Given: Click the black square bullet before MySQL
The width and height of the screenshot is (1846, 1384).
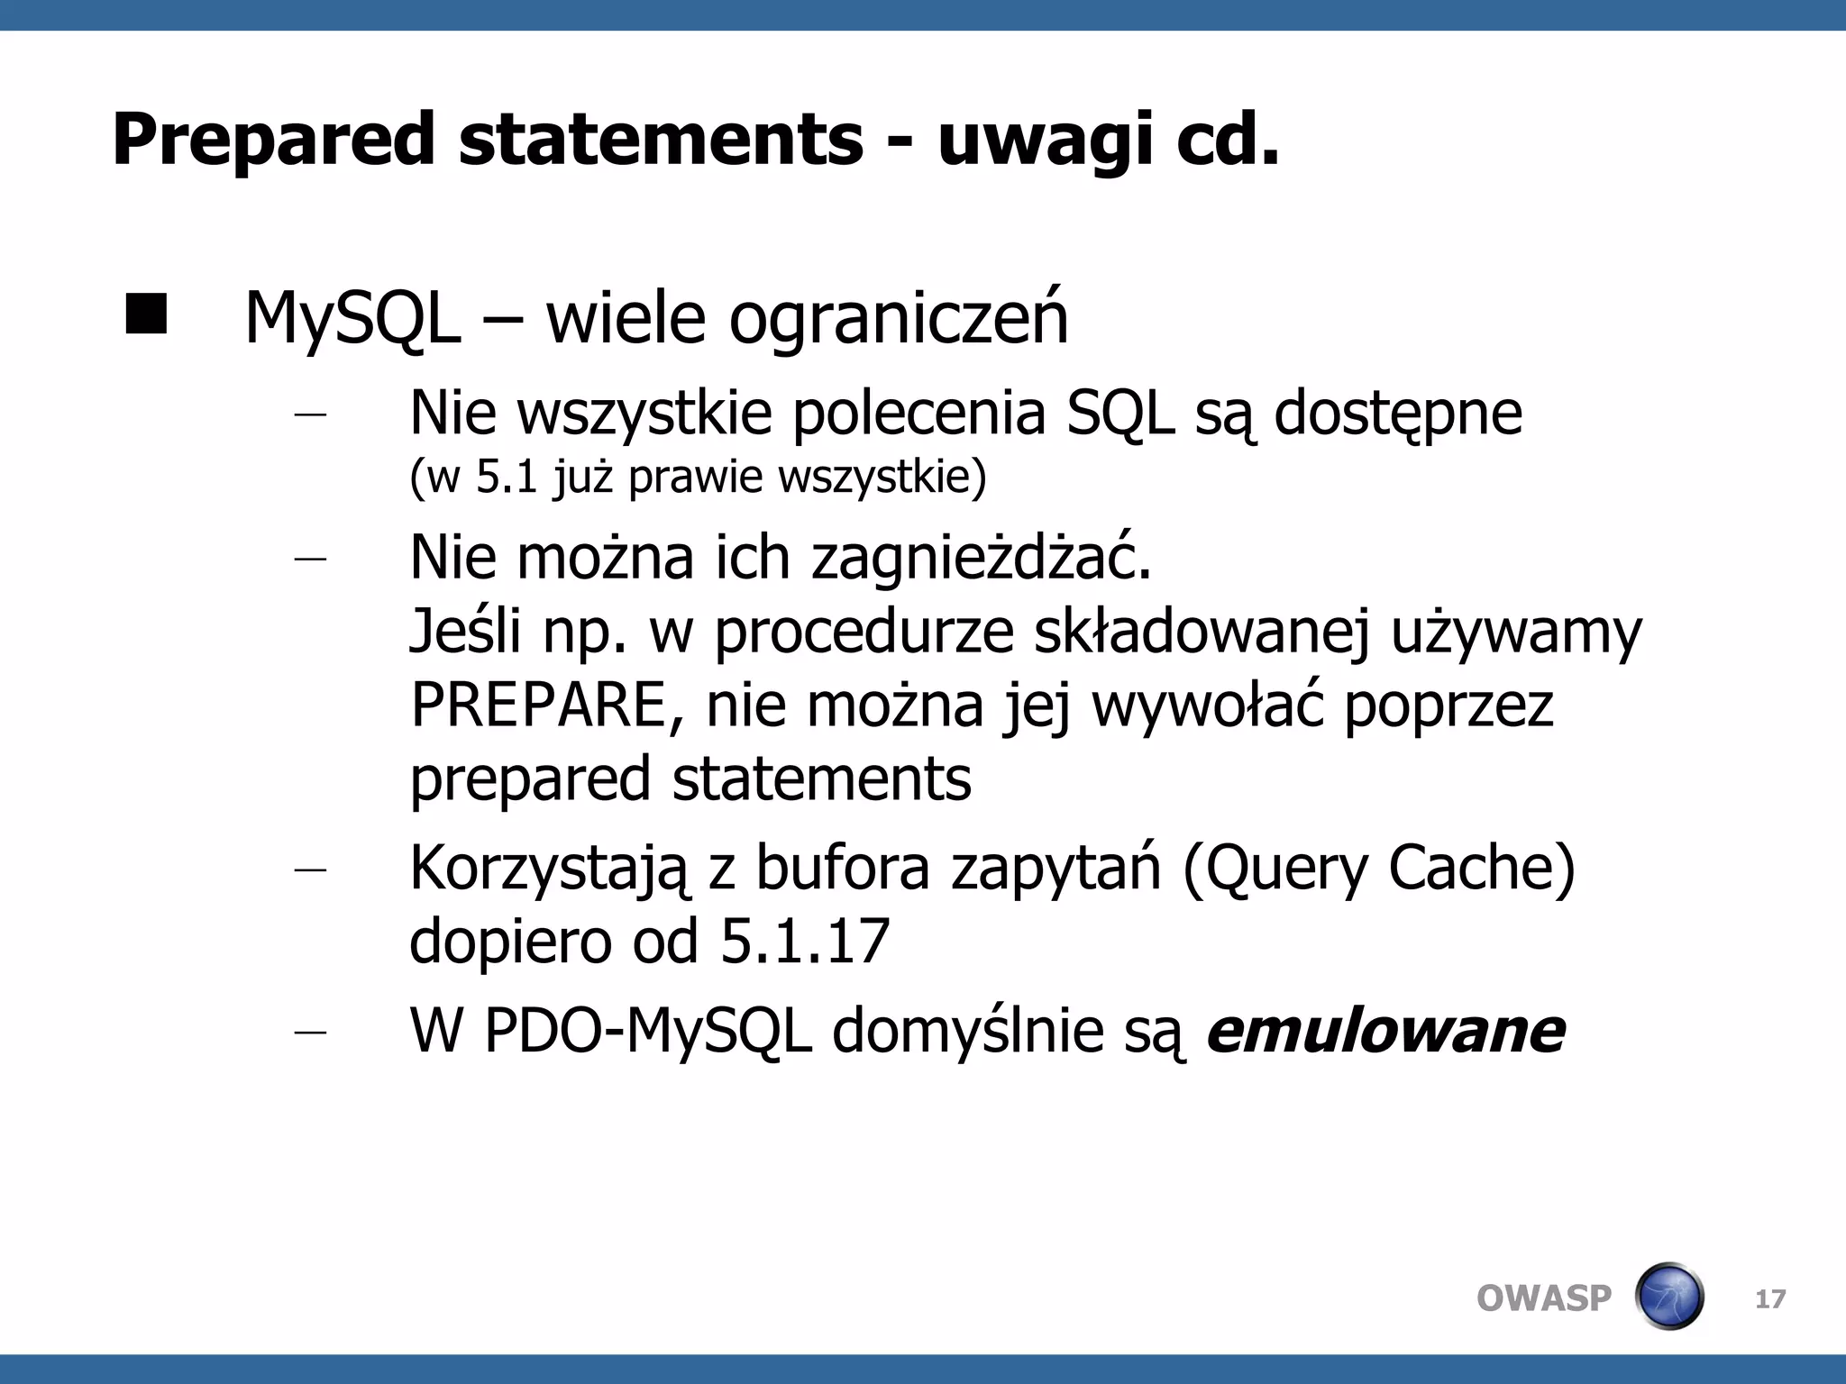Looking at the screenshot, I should pyautogui.click(x=146, y=314).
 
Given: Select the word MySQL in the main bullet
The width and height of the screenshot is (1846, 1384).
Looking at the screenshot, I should pyautogui.click(x=352, y=319).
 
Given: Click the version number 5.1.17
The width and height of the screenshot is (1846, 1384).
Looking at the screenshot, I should pyautogui.click(x=805, y=942).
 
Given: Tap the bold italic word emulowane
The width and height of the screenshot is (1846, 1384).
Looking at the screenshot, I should pyautogui.click(x=1385, y=1031).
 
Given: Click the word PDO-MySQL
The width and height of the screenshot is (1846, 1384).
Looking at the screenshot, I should pyautogui.click(x=647, y=1031).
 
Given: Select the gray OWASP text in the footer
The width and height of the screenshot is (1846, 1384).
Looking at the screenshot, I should pyautogui.click(x=1543, y=1298).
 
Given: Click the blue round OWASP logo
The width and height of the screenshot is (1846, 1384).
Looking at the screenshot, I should pyautogui.click(x=1668, y=1297).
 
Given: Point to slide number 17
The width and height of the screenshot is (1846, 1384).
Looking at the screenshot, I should pyautogui.click(x=1770, y=1299).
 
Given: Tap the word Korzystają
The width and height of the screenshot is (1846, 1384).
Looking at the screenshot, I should pyautogui.click(x=547, y=870).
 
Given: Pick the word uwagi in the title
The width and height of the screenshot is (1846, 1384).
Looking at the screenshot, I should pyautogui.click(x=1045, y=140).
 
